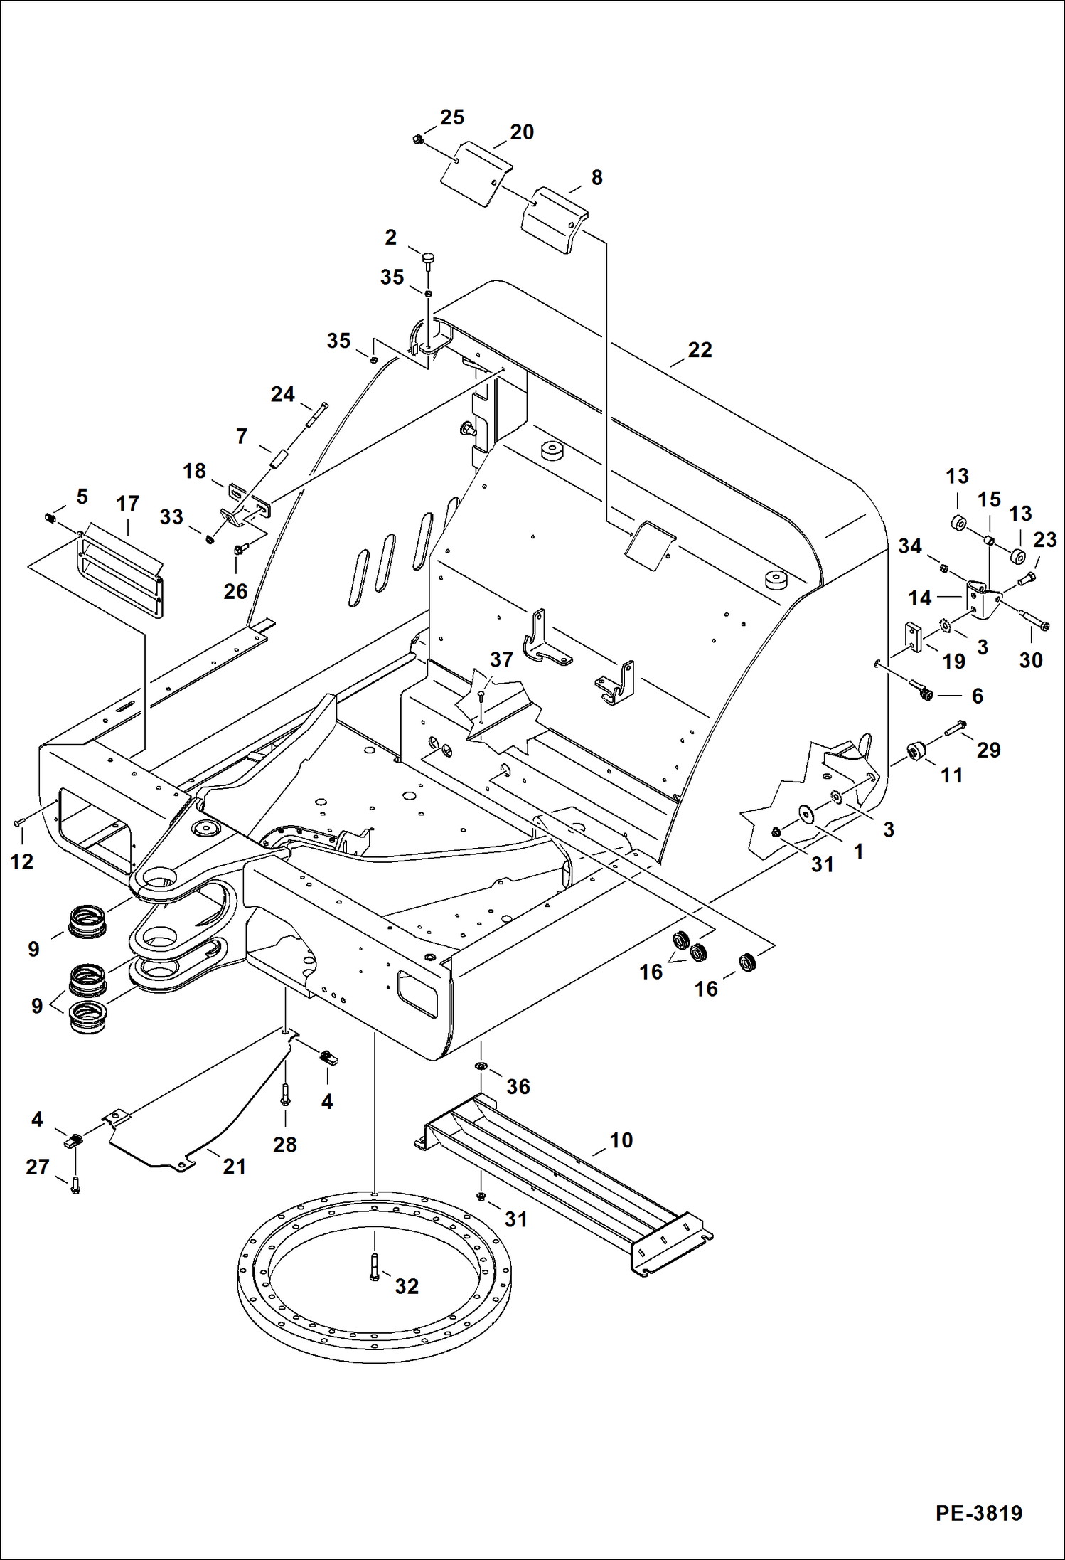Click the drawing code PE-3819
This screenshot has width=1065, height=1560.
tap(978, 1513)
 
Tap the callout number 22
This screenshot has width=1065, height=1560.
tap(700, 350)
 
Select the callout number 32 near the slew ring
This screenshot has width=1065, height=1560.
tap(407, 1286)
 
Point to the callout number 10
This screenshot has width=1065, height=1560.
tap(621, 1140)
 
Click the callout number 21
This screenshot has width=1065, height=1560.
tap(235, 1167)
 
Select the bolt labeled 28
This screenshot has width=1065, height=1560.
tap(286, 1095)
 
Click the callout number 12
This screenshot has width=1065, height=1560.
tap(21, 862)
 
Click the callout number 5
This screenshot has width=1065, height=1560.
tap(82, 497)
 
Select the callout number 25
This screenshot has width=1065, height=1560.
tap(452, 117)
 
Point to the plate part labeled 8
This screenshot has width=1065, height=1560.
tap(555, 220)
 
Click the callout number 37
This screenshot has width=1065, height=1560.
tap(501, 660)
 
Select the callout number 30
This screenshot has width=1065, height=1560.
tap(1031, 660)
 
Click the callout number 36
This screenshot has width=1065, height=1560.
tap(518, 1087)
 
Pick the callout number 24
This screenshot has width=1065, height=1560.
tap(282, 395)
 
